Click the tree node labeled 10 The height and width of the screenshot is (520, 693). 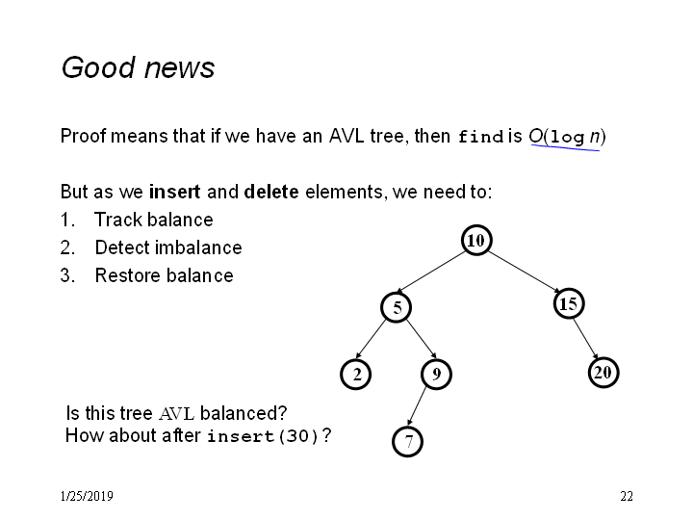pos(476,240)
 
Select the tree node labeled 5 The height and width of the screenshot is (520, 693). pos(397,307)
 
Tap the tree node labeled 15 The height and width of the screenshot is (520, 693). pos(569,303)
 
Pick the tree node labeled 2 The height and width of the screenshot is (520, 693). pos(356,374)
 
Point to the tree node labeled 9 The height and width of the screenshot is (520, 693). pos(437,374)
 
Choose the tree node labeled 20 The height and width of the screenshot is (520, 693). pos(603,373)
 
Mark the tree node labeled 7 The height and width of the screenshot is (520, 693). pos(407,441)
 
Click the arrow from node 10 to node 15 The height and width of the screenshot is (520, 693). pos(525,272)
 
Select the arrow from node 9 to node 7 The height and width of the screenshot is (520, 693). pos(417,406)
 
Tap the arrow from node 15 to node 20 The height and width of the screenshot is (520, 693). pos(586,338)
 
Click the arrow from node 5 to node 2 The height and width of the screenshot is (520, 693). pos(371,339)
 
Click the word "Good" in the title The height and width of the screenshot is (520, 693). pos(98,67)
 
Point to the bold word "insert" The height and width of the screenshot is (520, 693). pos(174,192)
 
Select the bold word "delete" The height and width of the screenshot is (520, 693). pos(271,192)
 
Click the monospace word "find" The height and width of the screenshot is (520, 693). pos(480,136)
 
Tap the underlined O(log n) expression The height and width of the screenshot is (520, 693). pos(568,137)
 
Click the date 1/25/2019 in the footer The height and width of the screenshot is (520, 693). pos(87,496)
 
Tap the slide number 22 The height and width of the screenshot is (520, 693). pos(627,496)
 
